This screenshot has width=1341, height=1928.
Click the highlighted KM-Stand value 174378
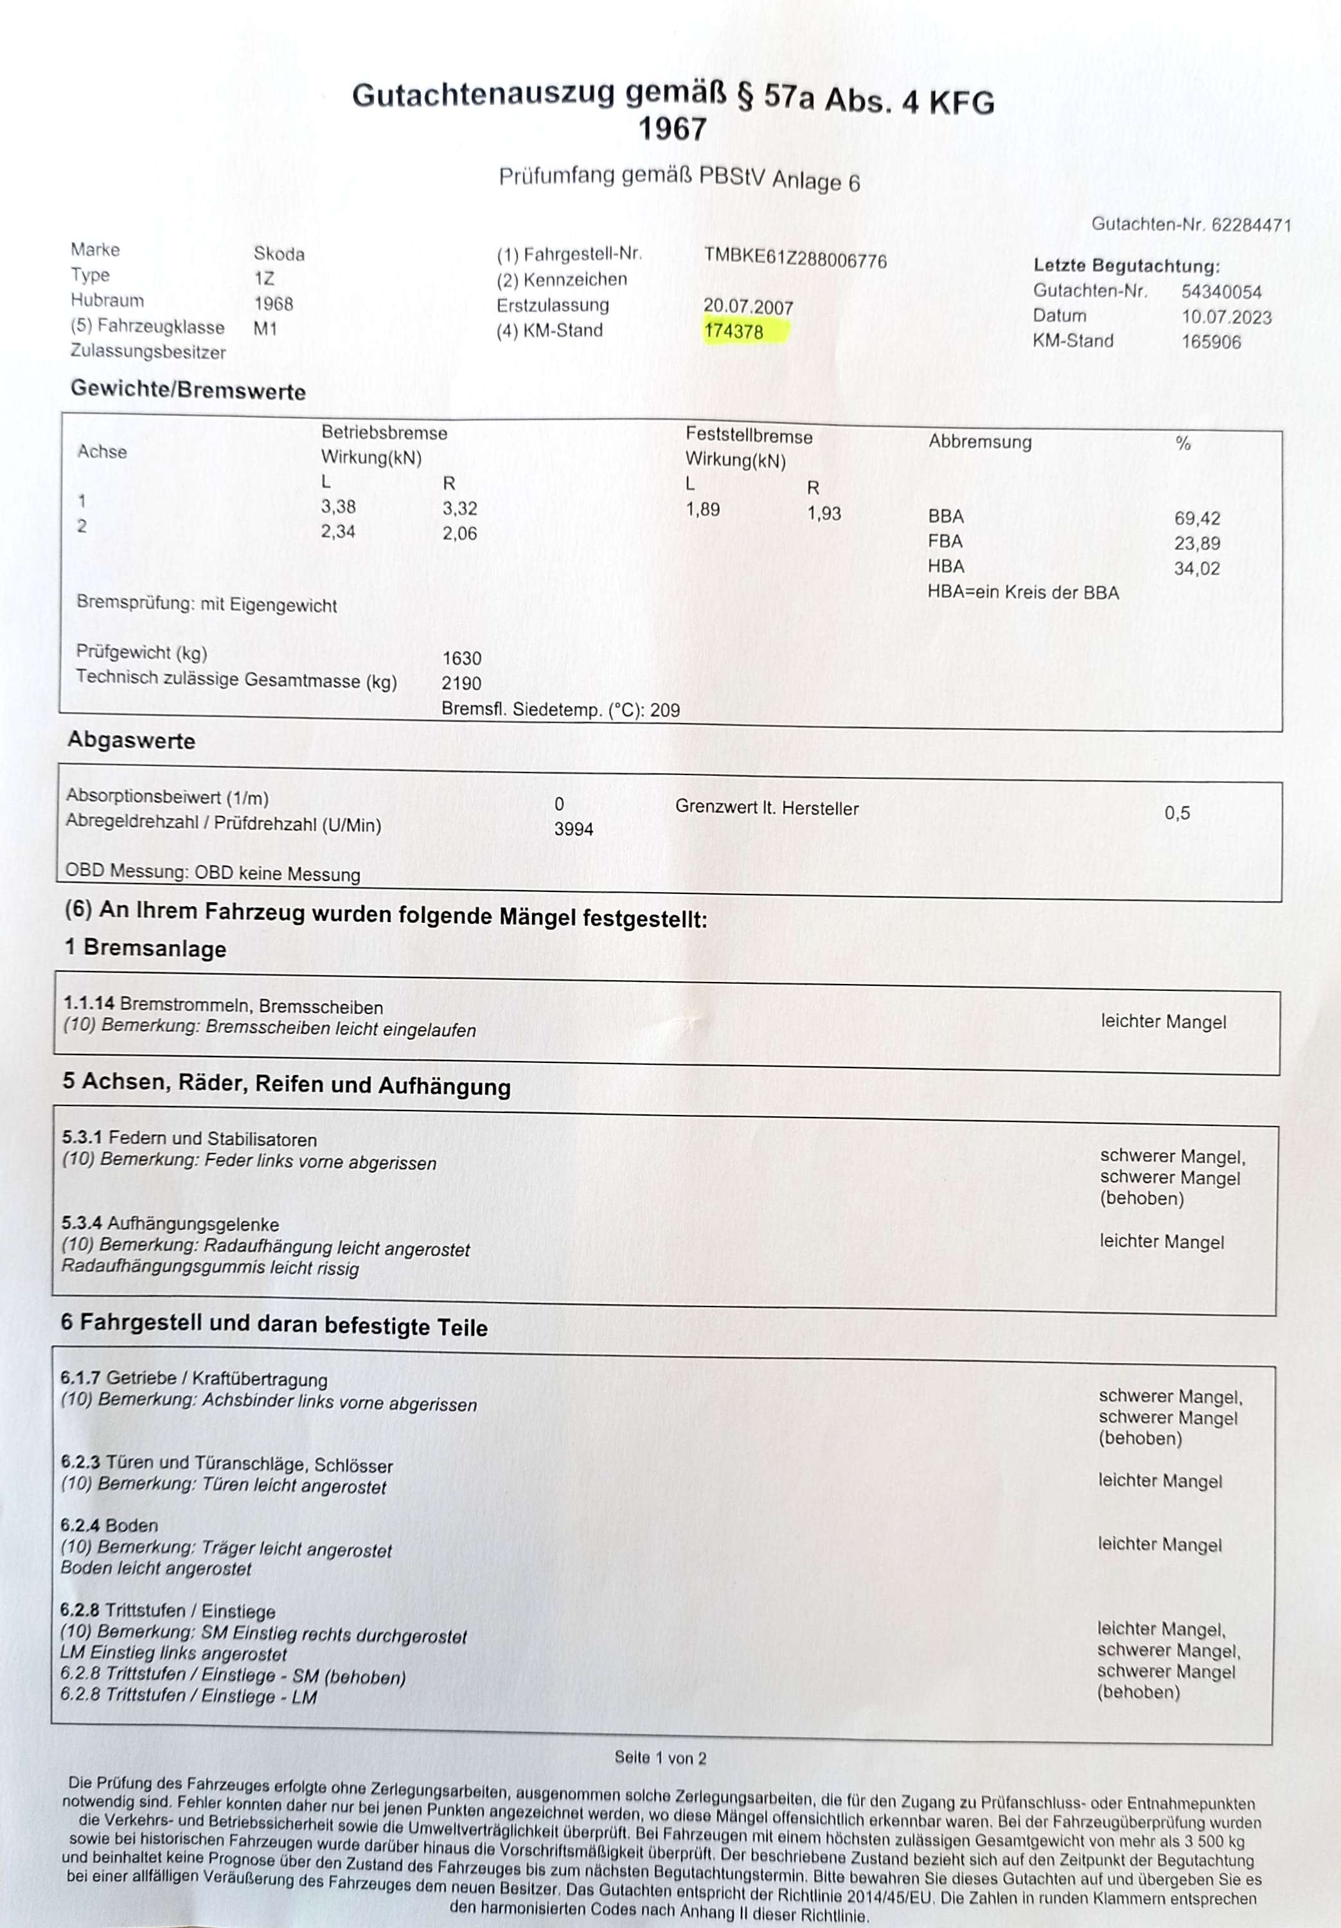734,332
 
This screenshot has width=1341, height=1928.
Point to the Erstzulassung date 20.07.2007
748,307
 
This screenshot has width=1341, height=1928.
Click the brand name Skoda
279,254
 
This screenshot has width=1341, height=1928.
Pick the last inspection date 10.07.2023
1226,317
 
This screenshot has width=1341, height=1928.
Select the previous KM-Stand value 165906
1211,342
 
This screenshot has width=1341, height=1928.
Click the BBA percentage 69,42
1196,519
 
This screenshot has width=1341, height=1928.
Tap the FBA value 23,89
1196,543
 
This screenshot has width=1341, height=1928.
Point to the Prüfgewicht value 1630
462,658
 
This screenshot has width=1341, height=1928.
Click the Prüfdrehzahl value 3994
574,830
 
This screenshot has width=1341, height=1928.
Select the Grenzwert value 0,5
1177,813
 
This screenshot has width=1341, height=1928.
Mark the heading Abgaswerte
131,740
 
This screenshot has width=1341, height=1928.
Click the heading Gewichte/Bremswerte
188,391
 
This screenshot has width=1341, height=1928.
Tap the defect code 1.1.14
89,1003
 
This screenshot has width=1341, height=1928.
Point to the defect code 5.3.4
83,1224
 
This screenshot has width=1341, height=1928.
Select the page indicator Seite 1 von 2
660,1758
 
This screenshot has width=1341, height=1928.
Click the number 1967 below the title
673,129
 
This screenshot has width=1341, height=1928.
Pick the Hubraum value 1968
274,303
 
